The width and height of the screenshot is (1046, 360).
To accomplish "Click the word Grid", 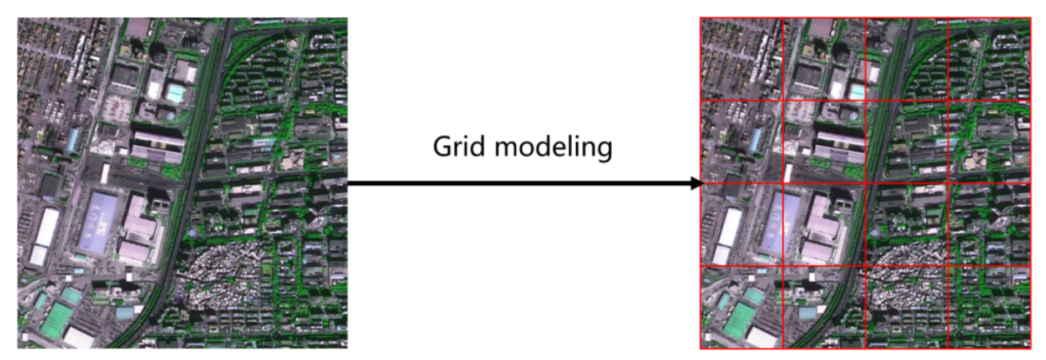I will (x=459, y=147).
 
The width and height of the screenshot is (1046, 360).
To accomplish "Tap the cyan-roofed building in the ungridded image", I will (x=176, y=93).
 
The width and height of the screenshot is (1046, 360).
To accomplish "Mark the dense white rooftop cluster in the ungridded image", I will (x=222, y=275).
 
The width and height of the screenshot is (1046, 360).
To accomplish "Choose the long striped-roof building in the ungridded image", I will (x=157, y=146).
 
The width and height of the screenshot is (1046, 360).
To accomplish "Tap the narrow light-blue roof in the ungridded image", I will (x=73, y=140).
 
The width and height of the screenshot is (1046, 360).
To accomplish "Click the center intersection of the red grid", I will (x=865, y=183).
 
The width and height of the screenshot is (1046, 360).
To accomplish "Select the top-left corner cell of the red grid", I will (x=741, y=59).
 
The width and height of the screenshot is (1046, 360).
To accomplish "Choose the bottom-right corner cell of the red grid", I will (x=989, y=307).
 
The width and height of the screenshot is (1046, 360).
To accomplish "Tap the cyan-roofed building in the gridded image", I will (x=857, y=93).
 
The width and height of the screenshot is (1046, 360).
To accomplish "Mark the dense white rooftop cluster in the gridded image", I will (x=904, y=275).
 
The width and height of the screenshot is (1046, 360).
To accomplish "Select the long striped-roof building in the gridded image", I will (x=839, y=146).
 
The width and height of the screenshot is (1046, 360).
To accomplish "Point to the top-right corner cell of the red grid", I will (x=989, y=59).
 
